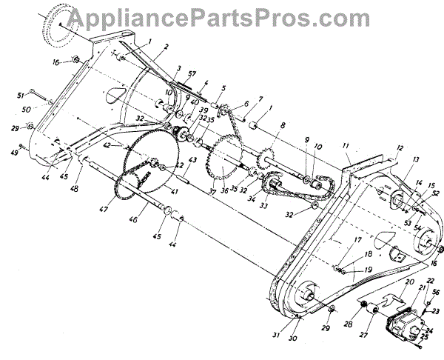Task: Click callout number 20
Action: pos(409,282)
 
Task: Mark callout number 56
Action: pos(435,294)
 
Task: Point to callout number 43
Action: pos(192,160)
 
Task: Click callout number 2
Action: pos(167,47)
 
